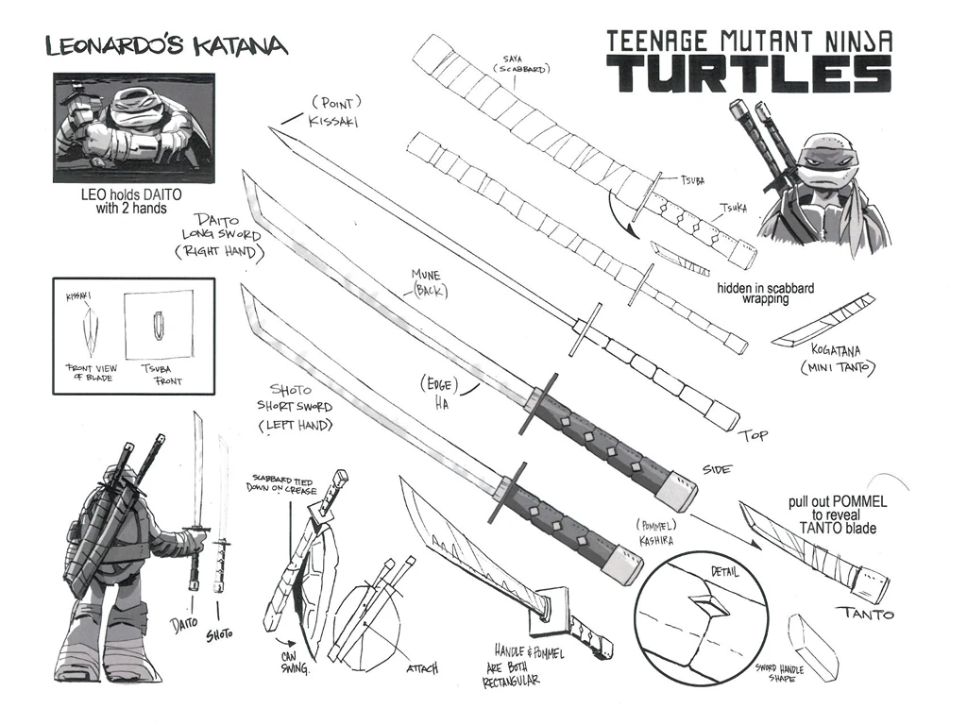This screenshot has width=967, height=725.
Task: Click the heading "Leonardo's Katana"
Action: pyautogui.click(x=165, y=46)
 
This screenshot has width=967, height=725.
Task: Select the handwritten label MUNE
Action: pyautogui.click(x=427, y=276)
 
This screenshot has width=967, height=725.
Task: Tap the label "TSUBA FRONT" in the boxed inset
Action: pyautogui.click(x=161, y=374)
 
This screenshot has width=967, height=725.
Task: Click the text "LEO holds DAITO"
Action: pyautogui.click(x=132, y=197)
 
